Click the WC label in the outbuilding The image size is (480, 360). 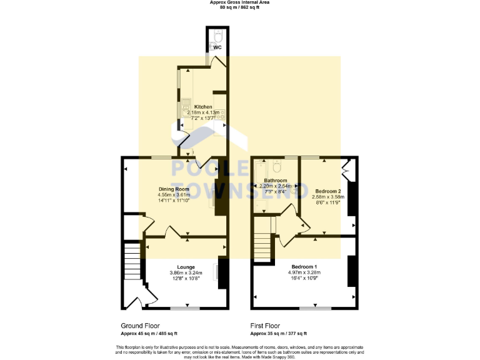[217, 47]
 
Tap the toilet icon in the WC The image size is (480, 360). [216, 35]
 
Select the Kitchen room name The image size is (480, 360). [202, 107]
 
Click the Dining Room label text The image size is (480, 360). [173, 189]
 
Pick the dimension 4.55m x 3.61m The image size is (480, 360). [173, 195]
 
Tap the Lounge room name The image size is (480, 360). [186, 267]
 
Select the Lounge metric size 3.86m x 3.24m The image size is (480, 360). [186, 273]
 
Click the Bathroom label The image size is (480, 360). [275, 180]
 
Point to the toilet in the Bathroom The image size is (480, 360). [277, 167]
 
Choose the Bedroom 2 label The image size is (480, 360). [327, 191]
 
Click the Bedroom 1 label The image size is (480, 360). [305, 267]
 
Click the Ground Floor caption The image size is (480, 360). [140, 326]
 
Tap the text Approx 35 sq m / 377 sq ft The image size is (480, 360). [278, 334]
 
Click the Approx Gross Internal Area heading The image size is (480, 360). [239, 2]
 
